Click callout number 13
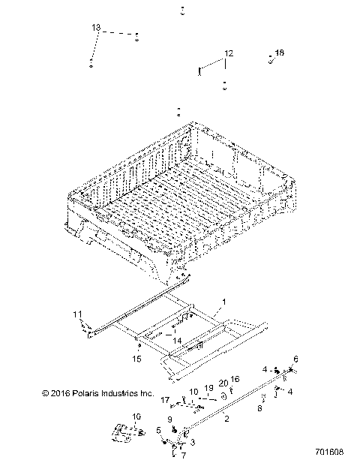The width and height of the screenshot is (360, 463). (x=96, y=27)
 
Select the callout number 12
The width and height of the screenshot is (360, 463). (x=229, y=53)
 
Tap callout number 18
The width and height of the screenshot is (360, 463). (x=280, y=53)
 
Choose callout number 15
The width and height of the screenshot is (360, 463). (x=137, y=359)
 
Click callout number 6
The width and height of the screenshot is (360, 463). (x=295, y=359)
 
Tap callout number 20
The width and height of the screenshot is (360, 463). (x=223, y=383)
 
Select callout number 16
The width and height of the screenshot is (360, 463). (x=235, y=380)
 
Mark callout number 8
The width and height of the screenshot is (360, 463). (x=260, y=408)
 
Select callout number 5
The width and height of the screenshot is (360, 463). (x=159, y=430)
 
